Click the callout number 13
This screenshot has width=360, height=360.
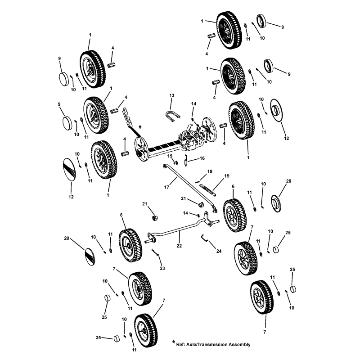pos(171,96)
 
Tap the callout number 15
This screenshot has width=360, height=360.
pos(170,156)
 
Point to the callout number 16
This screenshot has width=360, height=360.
pos(202,158)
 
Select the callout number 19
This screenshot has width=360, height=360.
pos(227,175)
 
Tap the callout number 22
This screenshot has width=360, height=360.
pos(179,246)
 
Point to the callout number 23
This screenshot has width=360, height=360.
pos(162,268)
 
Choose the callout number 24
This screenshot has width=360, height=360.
pos(219,251)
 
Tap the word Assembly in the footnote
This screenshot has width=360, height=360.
pos(239,345)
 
